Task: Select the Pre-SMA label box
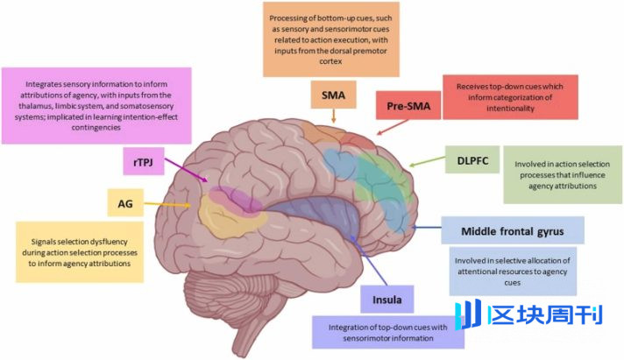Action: coord(407,107)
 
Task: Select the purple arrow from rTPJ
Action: coord(186,171)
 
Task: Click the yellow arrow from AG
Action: coord(170,208)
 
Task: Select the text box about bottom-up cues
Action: coord(328,39)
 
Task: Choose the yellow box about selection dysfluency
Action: coord(79,251)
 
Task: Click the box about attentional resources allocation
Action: coord(514,271)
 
